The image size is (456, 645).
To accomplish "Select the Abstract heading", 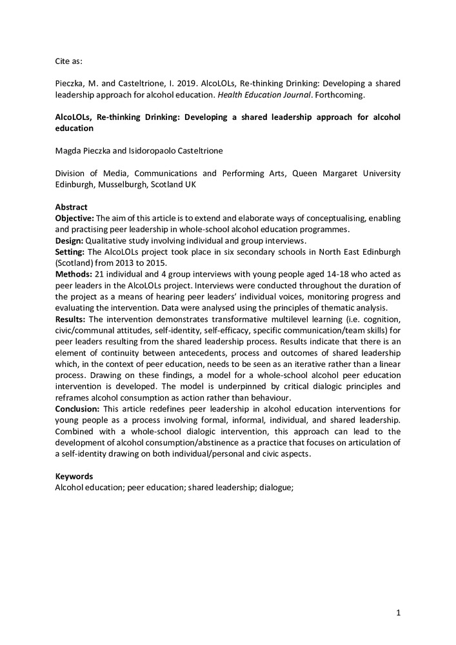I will (x=71, y=207).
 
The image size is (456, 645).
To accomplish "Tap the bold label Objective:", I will (x=75, y=218).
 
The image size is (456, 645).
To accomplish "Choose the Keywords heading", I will (x=74, y=477).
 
